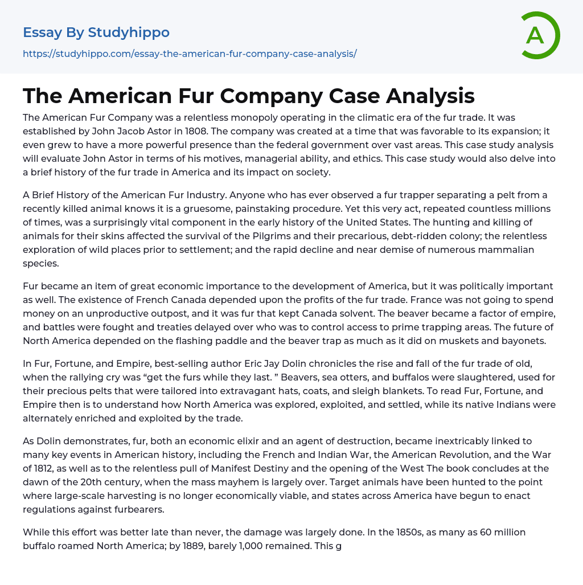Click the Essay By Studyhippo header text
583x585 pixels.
pyautogui.click(x=96, y=32)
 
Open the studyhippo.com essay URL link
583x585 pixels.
pyautogui.click(x=190, y=54)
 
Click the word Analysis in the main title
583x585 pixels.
pyautogui.click(x=430, y=96)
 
